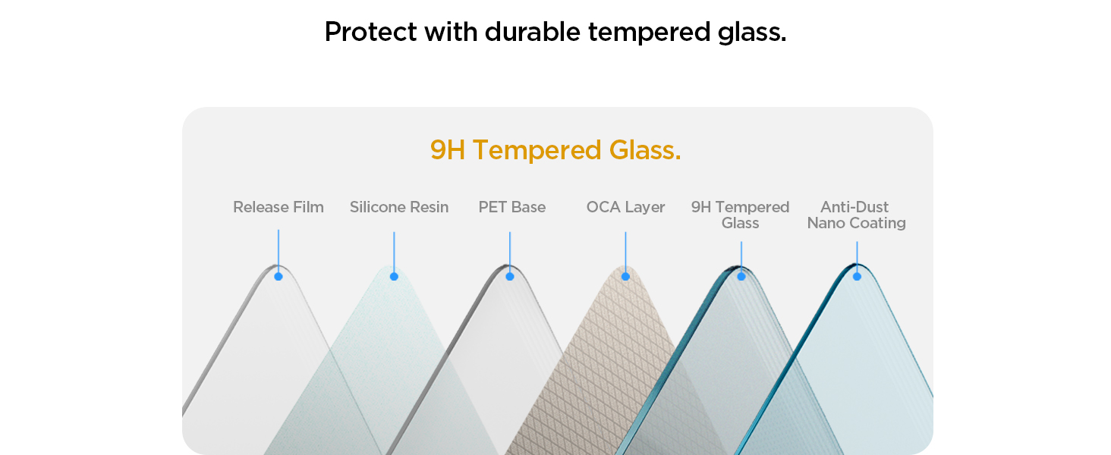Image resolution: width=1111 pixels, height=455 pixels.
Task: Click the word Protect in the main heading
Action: (x=370, y=32)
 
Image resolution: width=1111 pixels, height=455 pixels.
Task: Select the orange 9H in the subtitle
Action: (x=448, y=149)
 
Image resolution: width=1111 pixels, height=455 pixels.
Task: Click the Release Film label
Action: (x=279, y=207)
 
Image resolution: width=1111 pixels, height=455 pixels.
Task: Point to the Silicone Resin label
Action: (x=399, y=207)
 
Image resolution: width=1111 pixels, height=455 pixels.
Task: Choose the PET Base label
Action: (x=511, y=207)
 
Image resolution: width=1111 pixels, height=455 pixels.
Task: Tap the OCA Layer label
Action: (x=625, y=207)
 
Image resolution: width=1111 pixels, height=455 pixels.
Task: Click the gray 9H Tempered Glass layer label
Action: (x=740, y=215)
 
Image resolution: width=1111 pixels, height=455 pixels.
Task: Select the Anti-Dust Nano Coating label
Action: (x=857, y=215)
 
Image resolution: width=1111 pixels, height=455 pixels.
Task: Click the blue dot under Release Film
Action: (x=279, y=277)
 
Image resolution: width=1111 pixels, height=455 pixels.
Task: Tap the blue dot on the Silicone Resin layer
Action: (x=394, y=277)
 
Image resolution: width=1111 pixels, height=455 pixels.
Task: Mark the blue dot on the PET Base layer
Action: (x=510, y=277)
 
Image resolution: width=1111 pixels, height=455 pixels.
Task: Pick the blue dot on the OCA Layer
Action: (x=625, y=277)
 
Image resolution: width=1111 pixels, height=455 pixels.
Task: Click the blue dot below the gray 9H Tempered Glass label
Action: (x=741, y=277)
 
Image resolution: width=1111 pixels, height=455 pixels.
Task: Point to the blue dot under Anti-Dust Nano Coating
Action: (x=857, y=277)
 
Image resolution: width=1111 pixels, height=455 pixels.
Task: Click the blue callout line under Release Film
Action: (x=279, y=251)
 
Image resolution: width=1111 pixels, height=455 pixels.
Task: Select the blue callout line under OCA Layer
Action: (x=625, y=252)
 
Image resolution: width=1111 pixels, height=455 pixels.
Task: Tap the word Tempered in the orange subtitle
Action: (x=537, y=151)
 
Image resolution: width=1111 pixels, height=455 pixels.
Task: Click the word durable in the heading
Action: (x=532, y=32)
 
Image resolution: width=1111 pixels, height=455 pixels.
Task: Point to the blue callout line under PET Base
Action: (x=510, y=252)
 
